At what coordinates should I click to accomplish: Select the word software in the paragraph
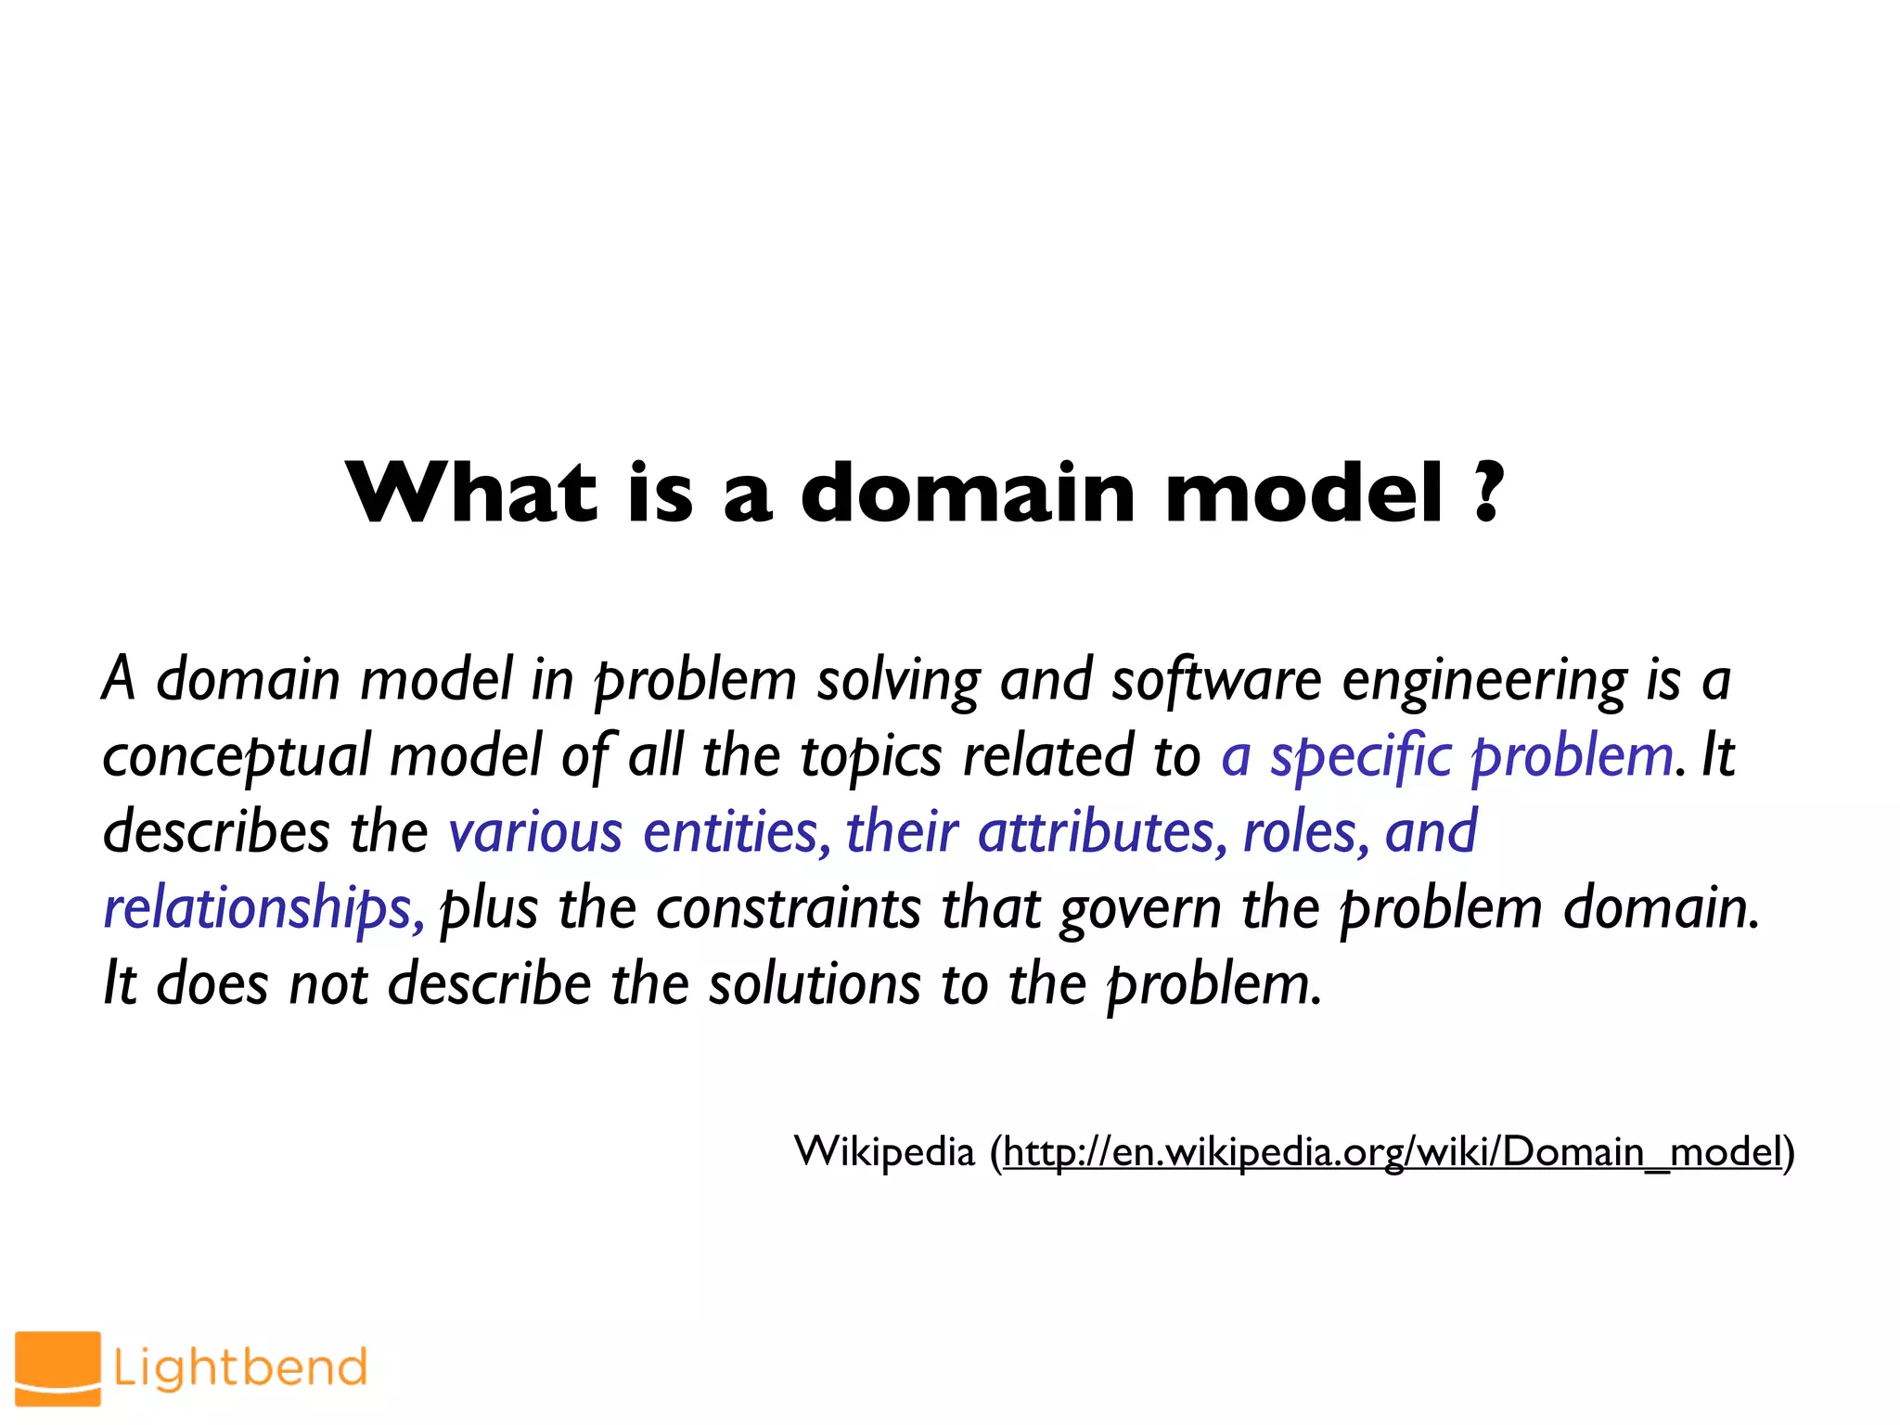pyautogui.click(x=1216, y=680)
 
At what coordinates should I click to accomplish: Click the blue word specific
pyautogui.click(x=1360, y=757)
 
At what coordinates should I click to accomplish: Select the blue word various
pyautogui.click(x=535, y=832)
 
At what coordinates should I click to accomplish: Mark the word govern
pyautogui.click(x=1140, y=910)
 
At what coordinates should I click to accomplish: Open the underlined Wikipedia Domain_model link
pyautogui.click(x=1393, y=1152)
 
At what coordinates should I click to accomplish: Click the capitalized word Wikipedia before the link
pyautogui.click(x=884, y=1152)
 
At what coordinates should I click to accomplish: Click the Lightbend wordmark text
pyautogui.click(x=240, y=1367)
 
